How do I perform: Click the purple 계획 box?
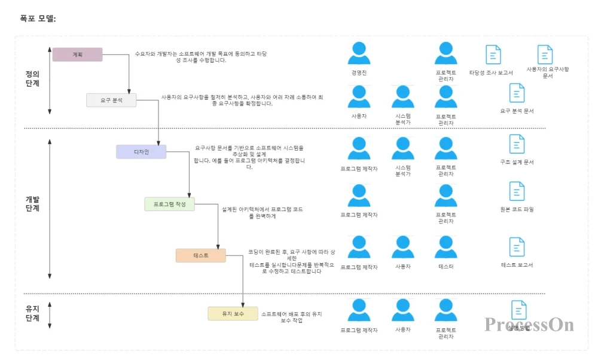click(x=77, y=54)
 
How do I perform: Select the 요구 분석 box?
click(x=111, y=100)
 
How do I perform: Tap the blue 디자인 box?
click(x=141, y=152)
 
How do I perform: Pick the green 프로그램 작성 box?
click(x=169, y=204)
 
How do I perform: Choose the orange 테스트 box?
click(x=200, y=255)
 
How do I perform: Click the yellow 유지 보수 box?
click(x=233, y=313)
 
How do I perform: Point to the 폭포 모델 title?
click(x=38, y=19)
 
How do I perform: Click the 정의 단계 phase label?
click(x=32, y=79)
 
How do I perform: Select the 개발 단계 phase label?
click(x=32, y=203)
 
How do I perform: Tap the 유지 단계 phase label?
click(x=32, y=313)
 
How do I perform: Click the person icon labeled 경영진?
click(x=359, y=53)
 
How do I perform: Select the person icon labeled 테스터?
click(x=446, y=247)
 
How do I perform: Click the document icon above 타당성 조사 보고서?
click(x=493, y=54)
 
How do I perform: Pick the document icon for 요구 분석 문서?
click(x=517, y=93)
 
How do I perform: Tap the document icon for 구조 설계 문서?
click(x=517, y=144)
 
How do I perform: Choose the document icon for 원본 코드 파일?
click(x=517, y=191)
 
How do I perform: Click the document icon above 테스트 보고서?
click(x=517, y=247)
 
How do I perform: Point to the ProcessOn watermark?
click(x=529, y=324)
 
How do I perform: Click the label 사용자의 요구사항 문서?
click(x=547, y=72)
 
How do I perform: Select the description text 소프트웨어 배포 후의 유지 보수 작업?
click(x=291, y=317)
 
